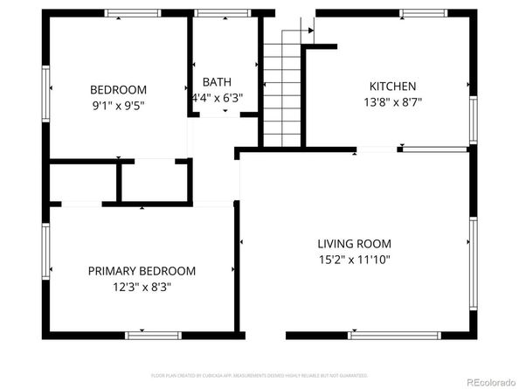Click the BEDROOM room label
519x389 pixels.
point(118,89)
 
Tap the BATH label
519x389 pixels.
point(217,82)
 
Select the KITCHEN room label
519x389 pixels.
point(392,87)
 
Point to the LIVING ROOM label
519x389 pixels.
point(354,244)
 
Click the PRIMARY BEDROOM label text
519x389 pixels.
point(142,271)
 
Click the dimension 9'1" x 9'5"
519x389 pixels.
point(118,105)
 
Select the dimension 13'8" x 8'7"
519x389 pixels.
point(392,102)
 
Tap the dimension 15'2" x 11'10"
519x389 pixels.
point(354,260)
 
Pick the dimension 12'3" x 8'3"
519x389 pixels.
point(142,287)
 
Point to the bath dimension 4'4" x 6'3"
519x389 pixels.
point(217,98)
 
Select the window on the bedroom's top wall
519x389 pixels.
point(133,14)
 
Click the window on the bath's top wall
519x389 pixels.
point(216,14)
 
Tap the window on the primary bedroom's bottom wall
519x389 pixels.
point(153,335)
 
